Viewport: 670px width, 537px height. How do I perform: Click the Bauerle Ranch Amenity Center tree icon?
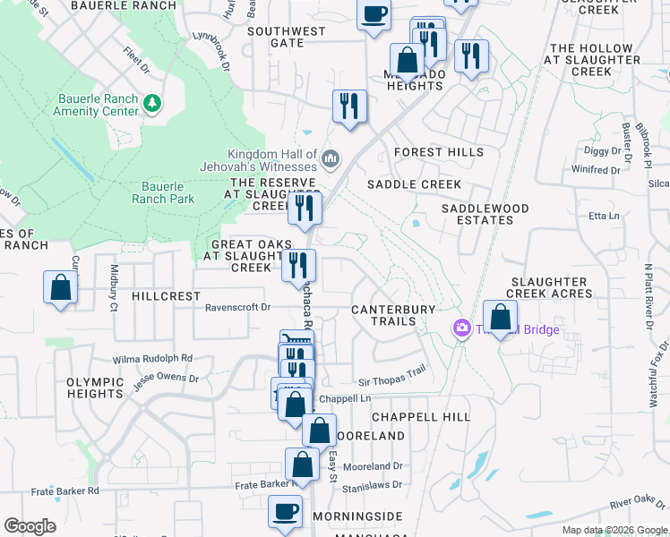[x=153, y=104]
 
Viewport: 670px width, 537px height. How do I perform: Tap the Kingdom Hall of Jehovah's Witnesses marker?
[x=331, y=159]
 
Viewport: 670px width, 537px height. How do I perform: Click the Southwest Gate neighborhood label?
[x=287, y=37]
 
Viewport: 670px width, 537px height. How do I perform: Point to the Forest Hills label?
[x=438, y=152]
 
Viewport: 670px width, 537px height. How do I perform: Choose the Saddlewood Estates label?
[x=485, y=214]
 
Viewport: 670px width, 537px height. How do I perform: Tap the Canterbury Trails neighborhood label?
[x=393, y=315]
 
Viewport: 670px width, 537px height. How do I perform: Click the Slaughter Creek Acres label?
[x=547, y=287]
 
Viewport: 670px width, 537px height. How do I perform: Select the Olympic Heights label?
[x=95, y=388]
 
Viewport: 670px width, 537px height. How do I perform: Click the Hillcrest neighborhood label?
[x=167, y=295]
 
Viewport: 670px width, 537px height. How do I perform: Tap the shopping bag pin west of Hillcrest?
[x=60, y=288]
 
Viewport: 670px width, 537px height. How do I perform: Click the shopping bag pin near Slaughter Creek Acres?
[x=500, y=317]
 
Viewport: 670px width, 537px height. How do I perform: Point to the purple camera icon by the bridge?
[x=462, y=329]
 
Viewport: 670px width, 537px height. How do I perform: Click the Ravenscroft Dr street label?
[x=237, y=307]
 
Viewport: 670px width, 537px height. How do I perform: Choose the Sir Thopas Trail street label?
[x=391, y=379]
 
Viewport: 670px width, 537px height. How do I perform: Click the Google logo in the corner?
[x=30, y=526]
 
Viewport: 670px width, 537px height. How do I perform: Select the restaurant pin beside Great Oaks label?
[x=298, y=266]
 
